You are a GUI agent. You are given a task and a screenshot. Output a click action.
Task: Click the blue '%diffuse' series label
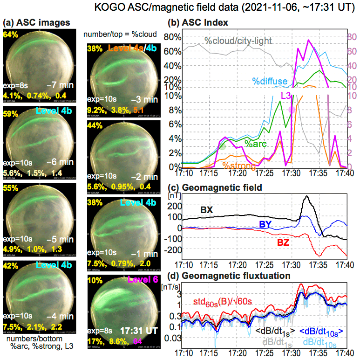[270, 82]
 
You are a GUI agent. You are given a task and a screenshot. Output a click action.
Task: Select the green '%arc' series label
[255, 144]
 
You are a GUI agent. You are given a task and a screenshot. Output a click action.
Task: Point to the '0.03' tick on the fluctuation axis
[173, 338]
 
